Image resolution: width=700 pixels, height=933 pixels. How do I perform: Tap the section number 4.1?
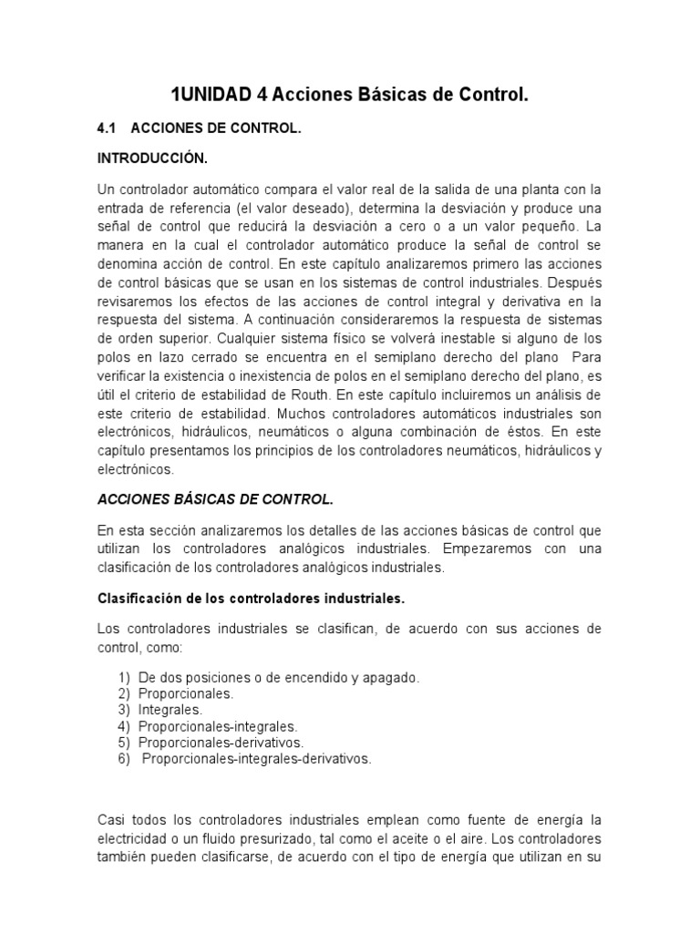click(108, 129)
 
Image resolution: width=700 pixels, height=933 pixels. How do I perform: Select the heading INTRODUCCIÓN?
click(152, 159)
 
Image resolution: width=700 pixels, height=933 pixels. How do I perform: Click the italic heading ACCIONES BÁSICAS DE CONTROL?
click(215, 499)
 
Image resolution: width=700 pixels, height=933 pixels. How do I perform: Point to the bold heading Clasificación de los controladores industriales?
click(251, 599)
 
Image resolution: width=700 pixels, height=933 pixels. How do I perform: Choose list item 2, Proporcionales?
click(186, 693)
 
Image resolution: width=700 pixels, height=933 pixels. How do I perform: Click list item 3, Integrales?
click(170, 709)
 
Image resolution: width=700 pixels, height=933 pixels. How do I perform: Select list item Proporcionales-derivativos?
click(221, 742)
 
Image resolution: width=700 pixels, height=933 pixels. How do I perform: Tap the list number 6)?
click(124, 758)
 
